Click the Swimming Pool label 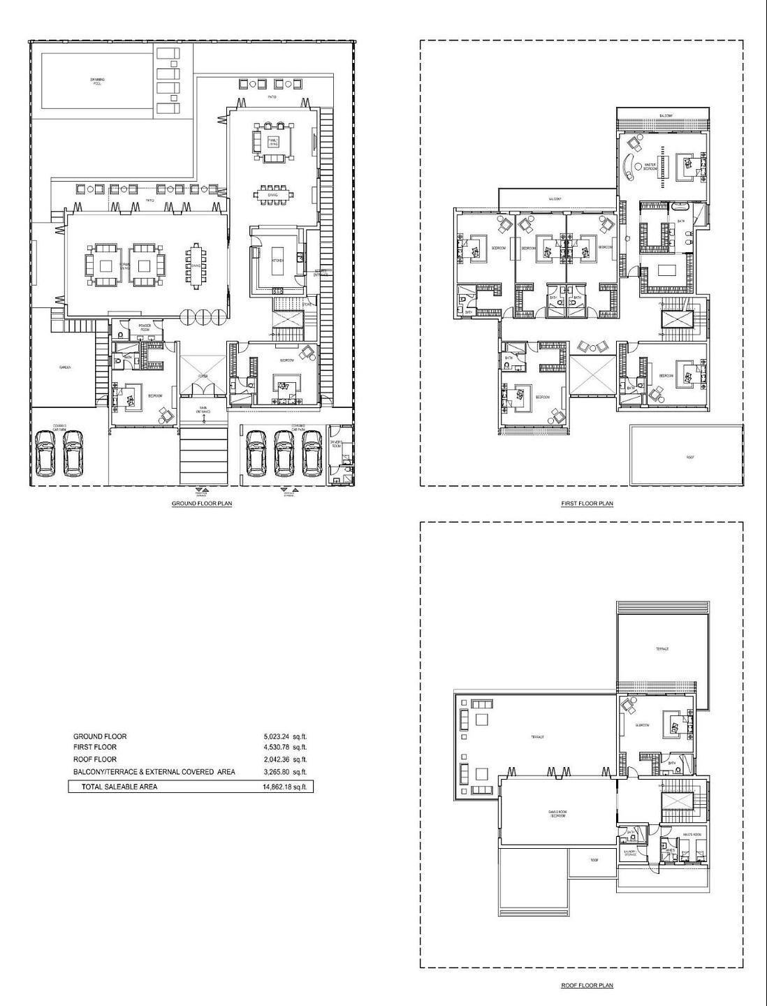point(97,82)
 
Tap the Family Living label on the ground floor point(273,143)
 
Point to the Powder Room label point(145,327)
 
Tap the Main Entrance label point(204,411)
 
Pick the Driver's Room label point(336,444)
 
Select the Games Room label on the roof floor point(557,813)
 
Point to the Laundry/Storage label point(629,853)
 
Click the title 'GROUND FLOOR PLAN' point(202,503)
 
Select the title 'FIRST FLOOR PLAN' point(587,503)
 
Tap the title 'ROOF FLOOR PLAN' point(587,986)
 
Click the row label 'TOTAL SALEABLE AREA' point(119,787)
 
